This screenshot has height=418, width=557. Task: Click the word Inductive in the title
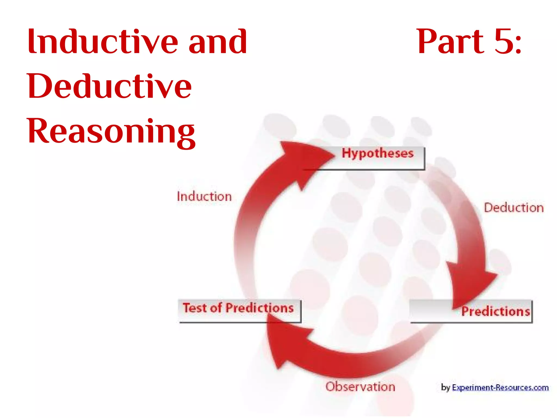pos(103,42)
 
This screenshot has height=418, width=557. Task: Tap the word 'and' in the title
pos(218,42)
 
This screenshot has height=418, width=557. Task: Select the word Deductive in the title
pos(109,86)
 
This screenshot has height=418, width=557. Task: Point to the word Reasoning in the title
pos(111,131)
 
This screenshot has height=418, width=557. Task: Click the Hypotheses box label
pos(377,153)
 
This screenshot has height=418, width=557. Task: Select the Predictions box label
pos(496,311)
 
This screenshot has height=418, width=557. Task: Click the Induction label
pos(204,196)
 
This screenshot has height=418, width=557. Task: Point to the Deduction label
pos(513,208)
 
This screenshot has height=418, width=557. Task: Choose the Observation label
pos(360,387)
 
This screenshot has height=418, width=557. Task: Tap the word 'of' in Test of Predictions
pos(216,308)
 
